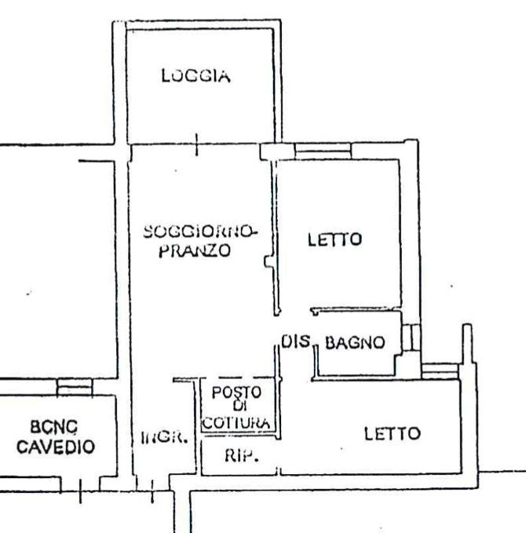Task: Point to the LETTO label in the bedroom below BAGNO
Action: pyautogui.click(x=392, y=433)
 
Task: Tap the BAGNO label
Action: pyautogui.click(x=355, y=342)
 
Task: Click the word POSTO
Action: pyautogui.click(x=235, y=392)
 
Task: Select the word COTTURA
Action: pyautogui.click(x=237, y=422)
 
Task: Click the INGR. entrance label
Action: pyautogui.click(x=164, y=438)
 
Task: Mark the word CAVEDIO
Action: pyautogui.click(x=56, y=448)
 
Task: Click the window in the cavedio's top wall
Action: pyautogui.click(x=75, y=386)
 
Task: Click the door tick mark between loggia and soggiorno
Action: pyautogui.click(x=196, y=144)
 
